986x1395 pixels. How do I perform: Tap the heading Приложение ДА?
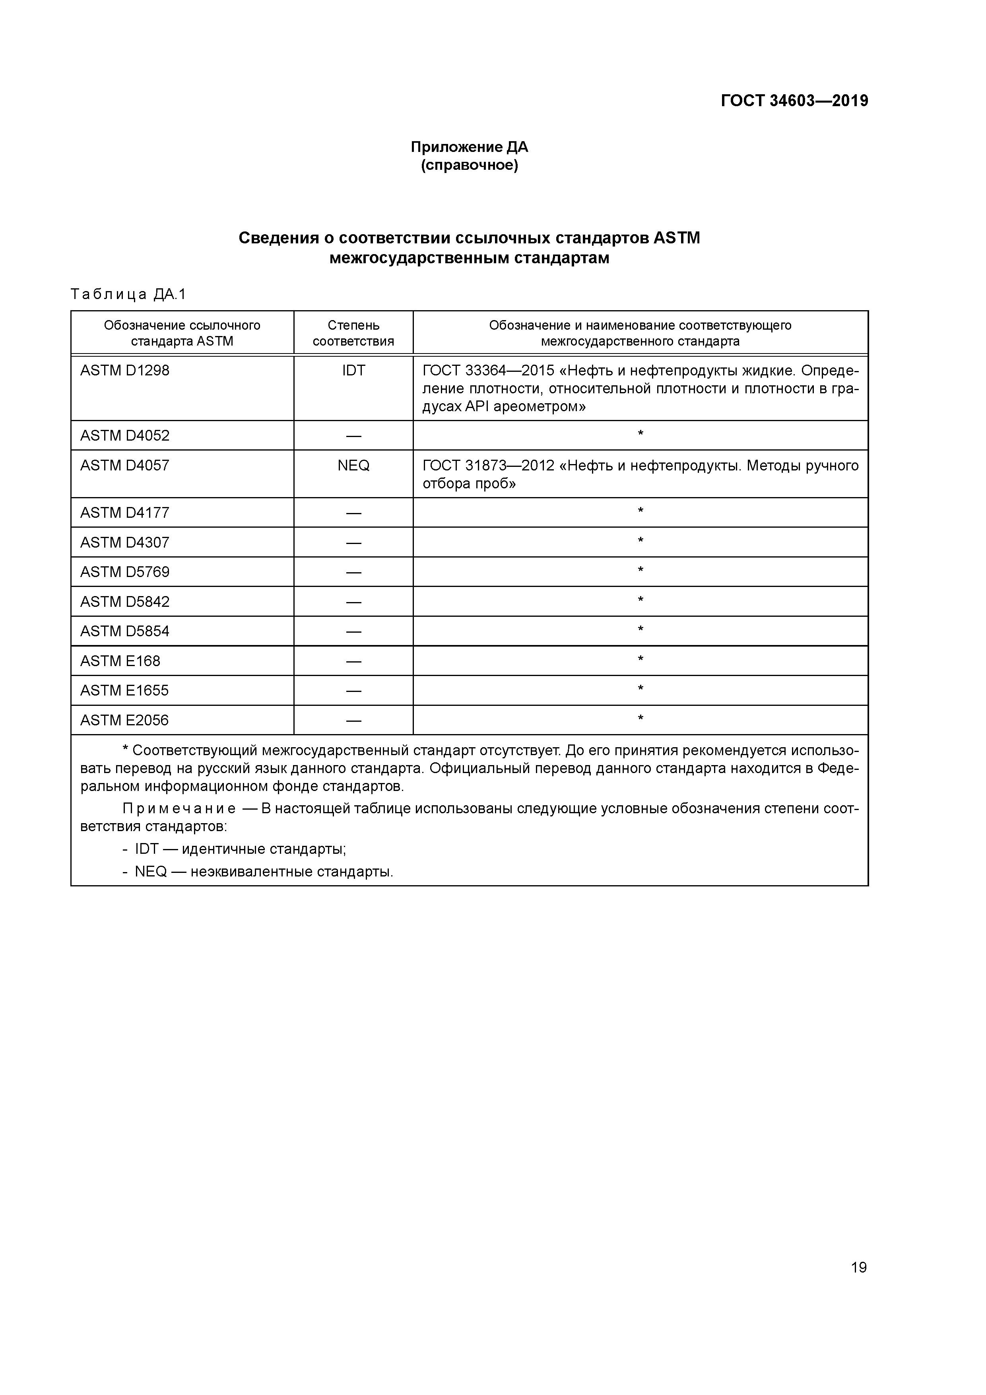[x=469, y=147]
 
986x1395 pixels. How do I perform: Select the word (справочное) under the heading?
[x=469, y=165]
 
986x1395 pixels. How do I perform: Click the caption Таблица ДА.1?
[x=128, y=295]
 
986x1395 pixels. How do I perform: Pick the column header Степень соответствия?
[x=353, y=333]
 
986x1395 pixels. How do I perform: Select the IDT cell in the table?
[x=353, y=371]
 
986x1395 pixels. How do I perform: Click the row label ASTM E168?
[x=120, y=661]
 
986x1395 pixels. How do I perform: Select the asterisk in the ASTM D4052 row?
[x=641, y=434]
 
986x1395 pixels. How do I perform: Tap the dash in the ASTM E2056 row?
[x=353, y=721]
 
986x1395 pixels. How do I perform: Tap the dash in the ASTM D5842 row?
[x=353, y=602]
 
